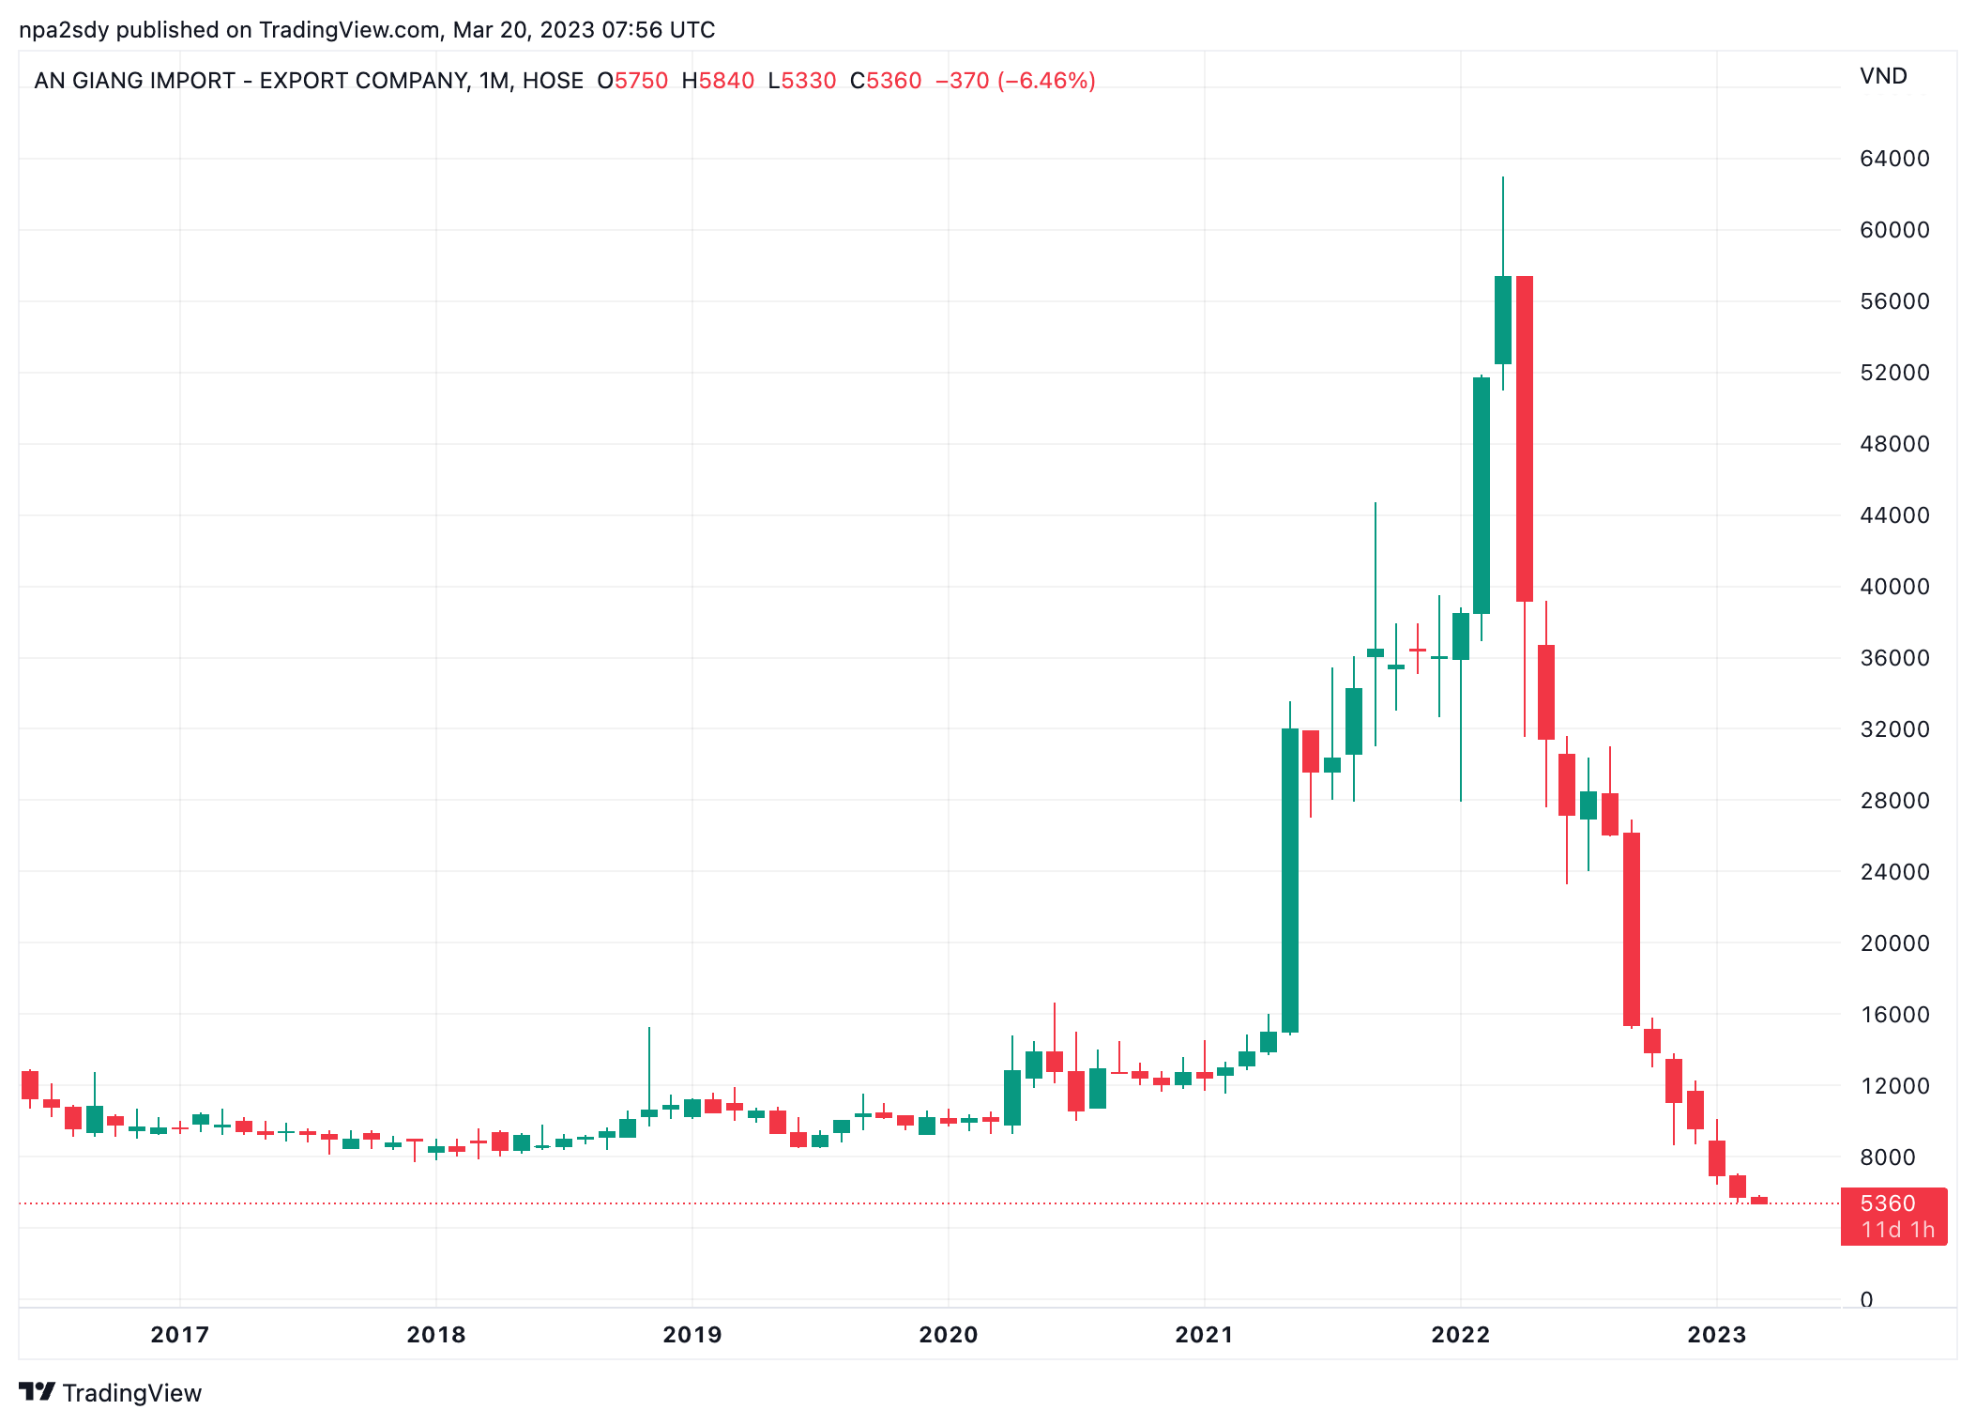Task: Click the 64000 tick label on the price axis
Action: tap(1893, 159)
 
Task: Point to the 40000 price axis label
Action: tap(1893, 587)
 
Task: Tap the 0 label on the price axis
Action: tap(1866, 1300)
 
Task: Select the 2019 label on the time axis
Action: tap(692, 1335)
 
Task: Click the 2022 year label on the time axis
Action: tap(1460, 1335)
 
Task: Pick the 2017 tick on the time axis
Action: tap(179, 1335)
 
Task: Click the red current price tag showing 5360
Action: tap(1893, 1216)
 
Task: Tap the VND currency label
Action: tap(1883, 76)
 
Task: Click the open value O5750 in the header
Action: tap(632, 81)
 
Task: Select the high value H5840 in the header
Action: tap(718, 81)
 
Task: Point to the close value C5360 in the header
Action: tap(886, 81)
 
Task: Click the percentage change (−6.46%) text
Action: tap(1046, 81)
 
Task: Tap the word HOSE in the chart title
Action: tap(553, 81)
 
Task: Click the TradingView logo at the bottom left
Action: tap(110, 1393)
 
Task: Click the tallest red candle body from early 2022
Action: tap(1525, 438)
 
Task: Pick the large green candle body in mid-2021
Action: tap(1290, 881)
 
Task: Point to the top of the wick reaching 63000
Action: tap(1503, 178)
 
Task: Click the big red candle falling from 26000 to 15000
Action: tap(1632, 928)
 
